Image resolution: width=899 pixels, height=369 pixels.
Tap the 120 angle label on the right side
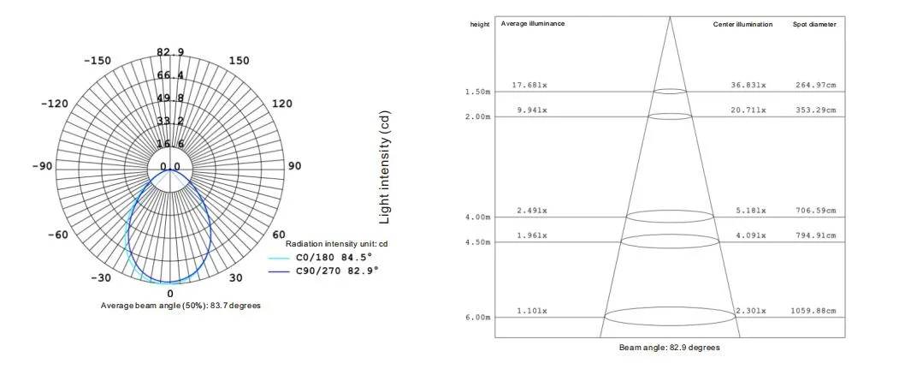281,104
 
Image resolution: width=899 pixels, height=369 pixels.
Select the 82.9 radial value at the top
170,53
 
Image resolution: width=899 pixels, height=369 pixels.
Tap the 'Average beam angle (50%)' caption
180,306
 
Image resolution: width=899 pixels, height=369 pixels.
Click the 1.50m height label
477,92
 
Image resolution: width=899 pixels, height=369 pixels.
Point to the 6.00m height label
477,318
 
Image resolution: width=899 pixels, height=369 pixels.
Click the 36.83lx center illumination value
750,85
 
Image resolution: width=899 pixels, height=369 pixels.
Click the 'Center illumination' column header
743,24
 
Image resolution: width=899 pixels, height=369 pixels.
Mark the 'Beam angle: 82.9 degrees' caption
669,348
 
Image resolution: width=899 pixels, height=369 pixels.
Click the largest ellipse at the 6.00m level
669,317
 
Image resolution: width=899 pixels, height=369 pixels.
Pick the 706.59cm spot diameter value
814,210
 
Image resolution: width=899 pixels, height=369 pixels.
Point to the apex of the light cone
669,17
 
